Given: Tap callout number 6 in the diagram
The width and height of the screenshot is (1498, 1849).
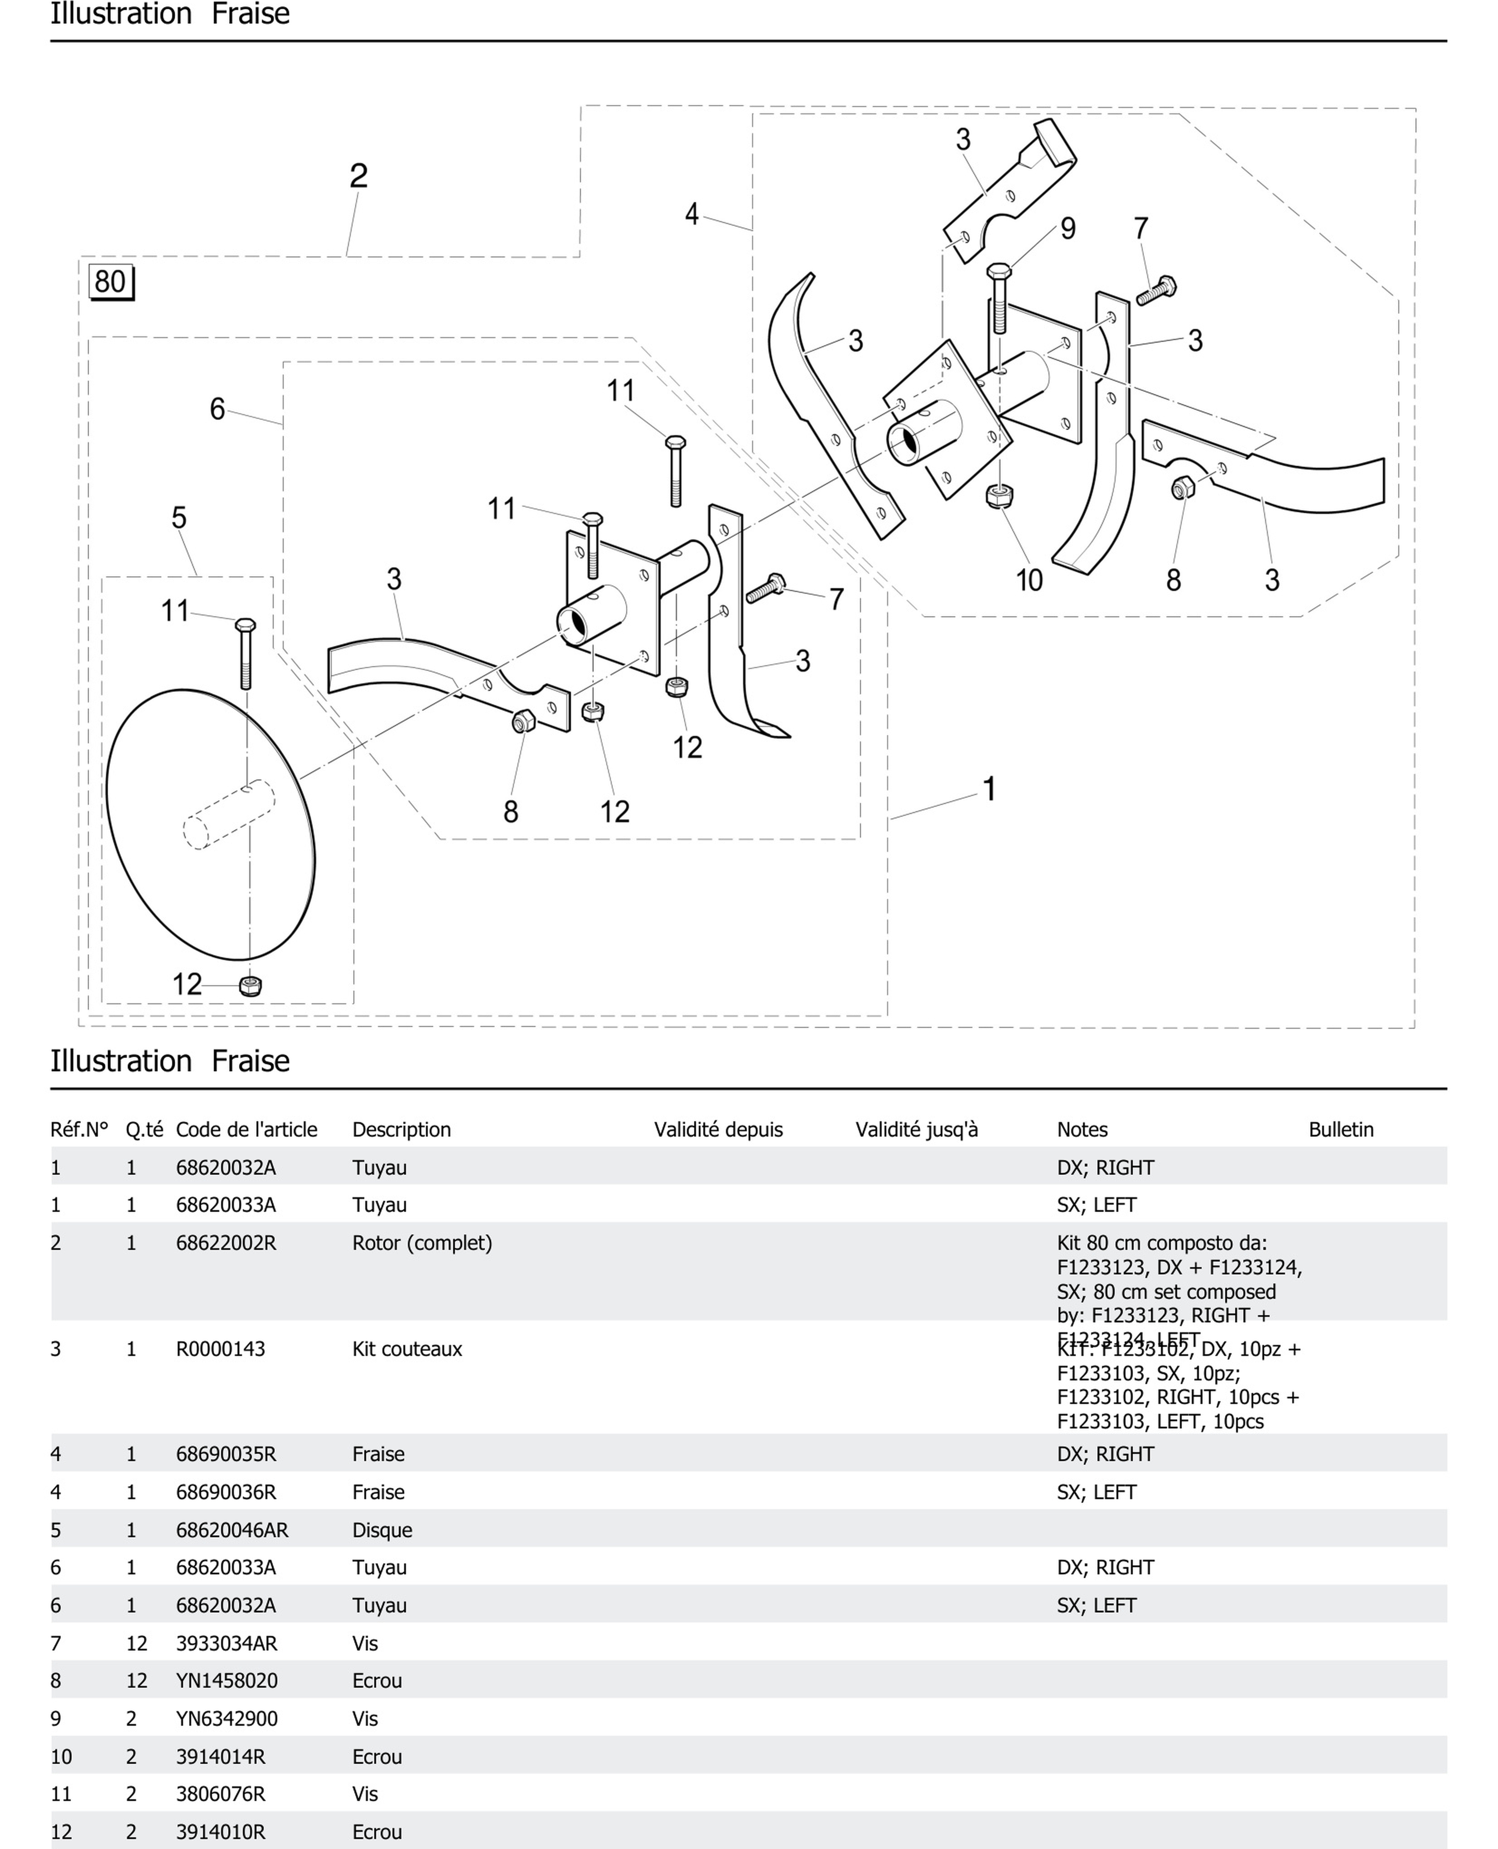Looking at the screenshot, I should (x=217, y=409).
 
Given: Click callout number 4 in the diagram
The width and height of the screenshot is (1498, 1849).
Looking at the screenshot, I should (x=691, y=214).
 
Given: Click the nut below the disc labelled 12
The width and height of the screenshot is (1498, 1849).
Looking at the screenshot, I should (x=250, y=985).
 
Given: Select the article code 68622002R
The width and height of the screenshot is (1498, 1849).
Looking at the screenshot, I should (x=226, y=1243).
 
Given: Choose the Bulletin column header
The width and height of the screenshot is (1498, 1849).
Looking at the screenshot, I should (x=1340, y=1129).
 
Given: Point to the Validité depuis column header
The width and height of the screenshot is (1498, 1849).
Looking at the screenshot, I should (x=718, y=1129).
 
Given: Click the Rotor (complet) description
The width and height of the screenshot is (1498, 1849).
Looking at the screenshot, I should (x=422, y=1243).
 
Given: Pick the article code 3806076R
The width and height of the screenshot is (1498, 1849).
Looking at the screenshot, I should (x=220, y=1794).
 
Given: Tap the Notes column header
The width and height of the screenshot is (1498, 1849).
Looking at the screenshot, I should (x=1082, y=1129).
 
